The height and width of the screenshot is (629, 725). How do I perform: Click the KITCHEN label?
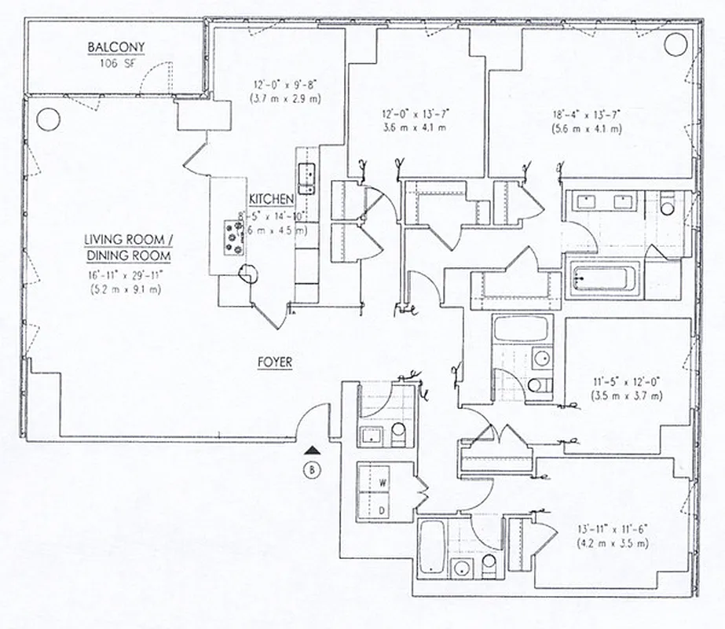[271, 200]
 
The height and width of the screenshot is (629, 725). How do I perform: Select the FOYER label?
[275, 362]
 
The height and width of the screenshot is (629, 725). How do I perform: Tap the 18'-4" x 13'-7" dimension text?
[586, 114]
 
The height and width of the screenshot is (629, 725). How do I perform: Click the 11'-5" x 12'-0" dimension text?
[626, 381]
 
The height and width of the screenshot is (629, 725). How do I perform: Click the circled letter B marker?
[313, 472]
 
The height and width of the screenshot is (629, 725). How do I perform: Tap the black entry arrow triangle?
[313, 451]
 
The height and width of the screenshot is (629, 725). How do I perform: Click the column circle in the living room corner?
[48, 119]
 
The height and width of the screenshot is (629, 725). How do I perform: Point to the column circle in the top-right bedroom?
[675, 45]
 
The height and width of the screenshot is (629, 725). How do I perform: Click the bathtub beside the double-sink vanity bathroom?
[601, 278]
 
